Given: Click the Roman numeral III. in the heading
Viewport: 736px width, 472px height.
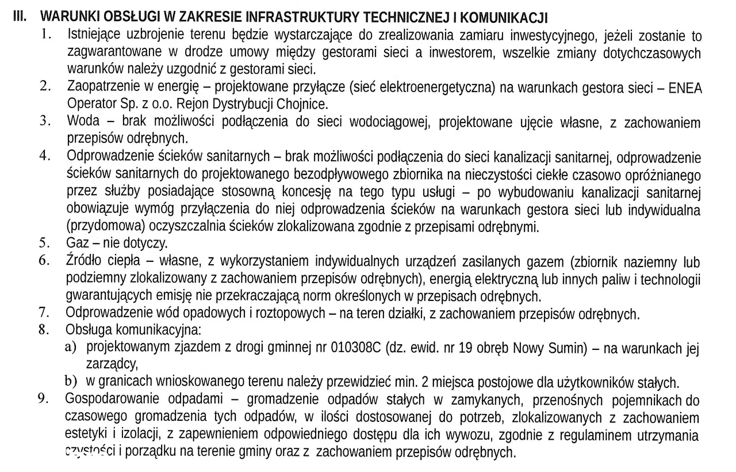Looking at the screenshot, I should tap(20, 16).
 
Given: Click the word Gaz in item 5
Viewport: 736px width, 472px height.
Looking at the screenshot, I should tap(77, 242).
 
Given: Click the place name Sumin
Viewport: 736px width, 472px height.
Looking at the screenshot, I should tap(566, 348).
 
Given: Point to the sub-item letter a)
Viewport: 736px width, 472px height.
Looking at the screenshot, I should tap(71, 348).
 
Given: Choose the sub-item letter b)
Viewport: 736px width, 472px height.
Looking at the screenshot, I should tap(71, 381).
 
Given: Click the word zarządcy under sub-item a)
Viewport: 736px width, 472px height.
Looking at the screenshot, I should tap(113, 364).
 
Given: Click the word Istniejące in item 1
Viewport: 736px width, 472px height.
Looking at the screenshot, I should tap(96, 36).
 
